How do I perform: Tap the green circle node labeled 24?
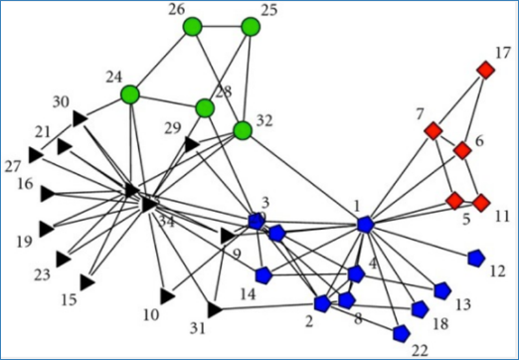point(130,94)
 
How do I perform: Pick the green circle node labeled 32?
point(242,130)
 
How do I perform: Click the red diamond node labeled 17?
point(485,70)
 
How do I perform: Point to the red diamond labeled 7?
point(432,130)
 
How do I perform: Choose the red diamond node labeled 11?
point(481,203)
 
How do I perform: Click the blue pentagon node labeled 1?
point(365,226)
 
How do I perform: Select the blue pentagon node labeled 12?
point(475,258)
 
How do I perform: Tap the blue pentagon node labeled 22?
point(401,332)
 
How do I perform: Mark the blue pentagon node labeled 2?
point(322,302)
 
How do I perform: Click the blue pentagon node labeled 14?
point(263,274)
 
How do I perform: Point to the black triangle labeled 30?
point(80,119)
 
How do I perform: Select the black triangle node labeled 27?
point(36,154)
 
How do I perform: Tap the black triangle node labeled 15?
point(86,283)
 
